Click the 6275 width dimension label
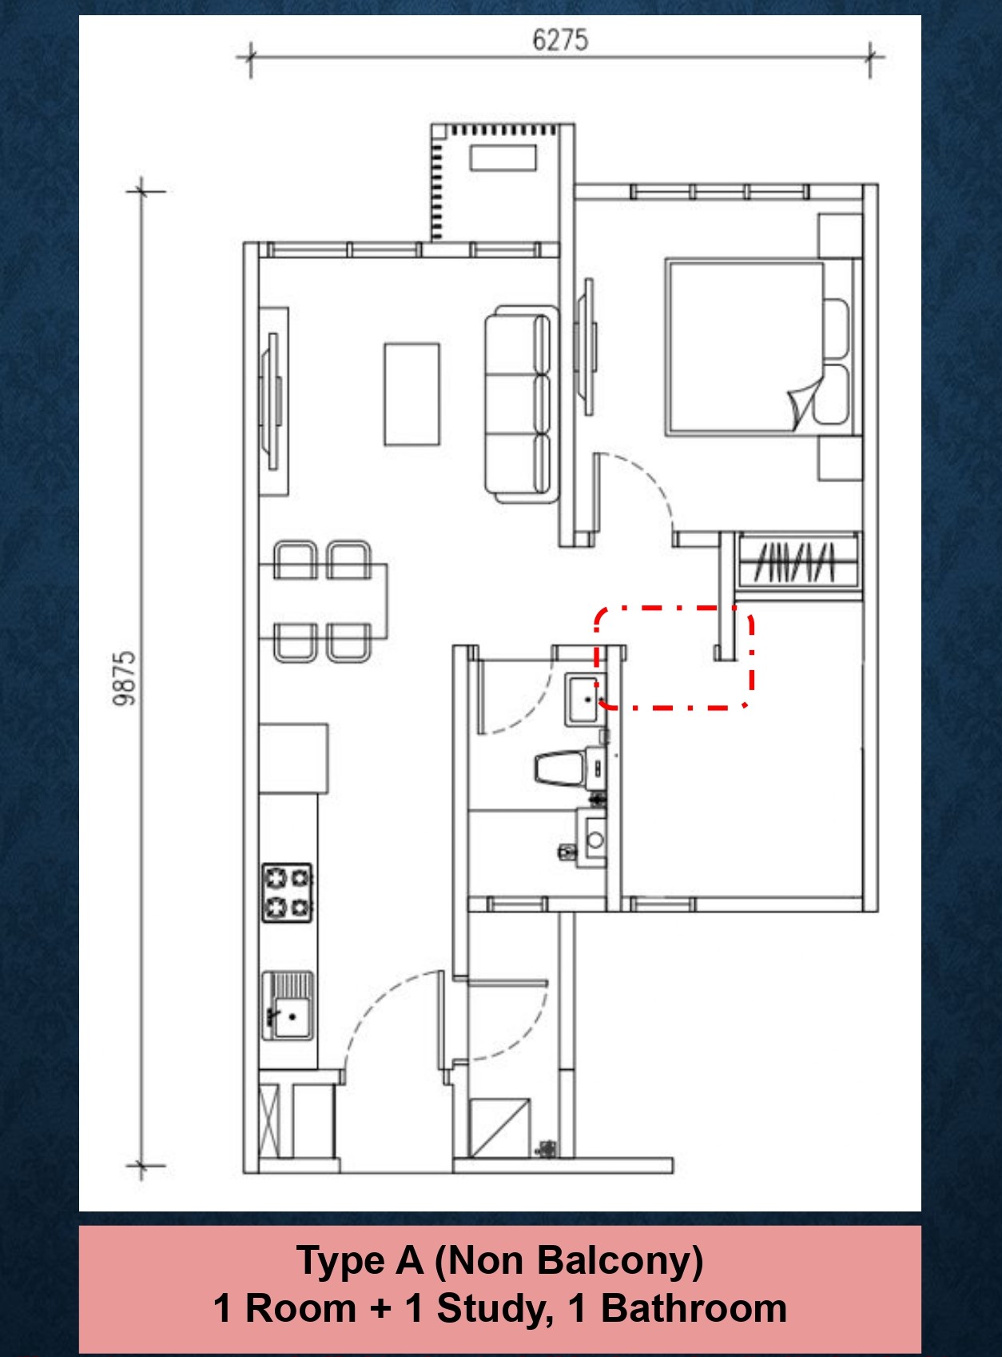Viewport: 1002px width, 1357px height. coord(560,40)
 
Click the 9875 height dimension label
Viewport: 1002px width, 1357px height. coord(125,678)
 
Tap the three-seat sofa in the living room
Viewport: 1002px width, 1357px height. coord(520,404)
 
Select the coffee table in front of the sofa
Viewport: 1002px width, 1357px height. coord(412,394)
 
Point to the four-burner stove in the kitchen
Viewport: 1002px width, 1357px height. coord(288,892)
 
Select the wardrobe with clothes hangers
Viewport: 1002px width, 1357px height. coord(797,562)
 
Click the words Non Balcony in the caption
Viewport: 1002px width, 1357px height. coord(568,1262)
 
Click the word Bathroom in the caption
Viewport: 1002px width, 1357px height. coord(694,1309)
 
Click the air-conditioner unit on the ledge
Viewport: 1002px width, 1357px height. coord(503,157)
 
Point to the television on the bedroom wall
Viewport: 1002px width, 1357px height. coord(589,345)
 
